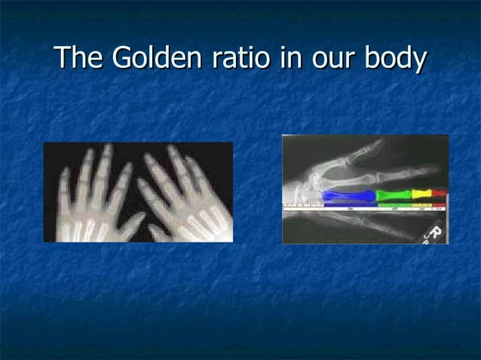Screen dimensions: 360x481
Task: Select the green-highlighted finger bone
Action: point(393,196)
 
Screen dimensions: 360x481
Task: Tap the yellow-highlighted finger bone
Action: point(421,195)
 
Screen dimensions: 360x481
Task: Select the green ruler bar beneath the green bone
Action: point(393,207)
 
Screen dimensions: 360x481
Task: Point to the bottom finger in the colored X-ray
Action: point(369,226)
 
